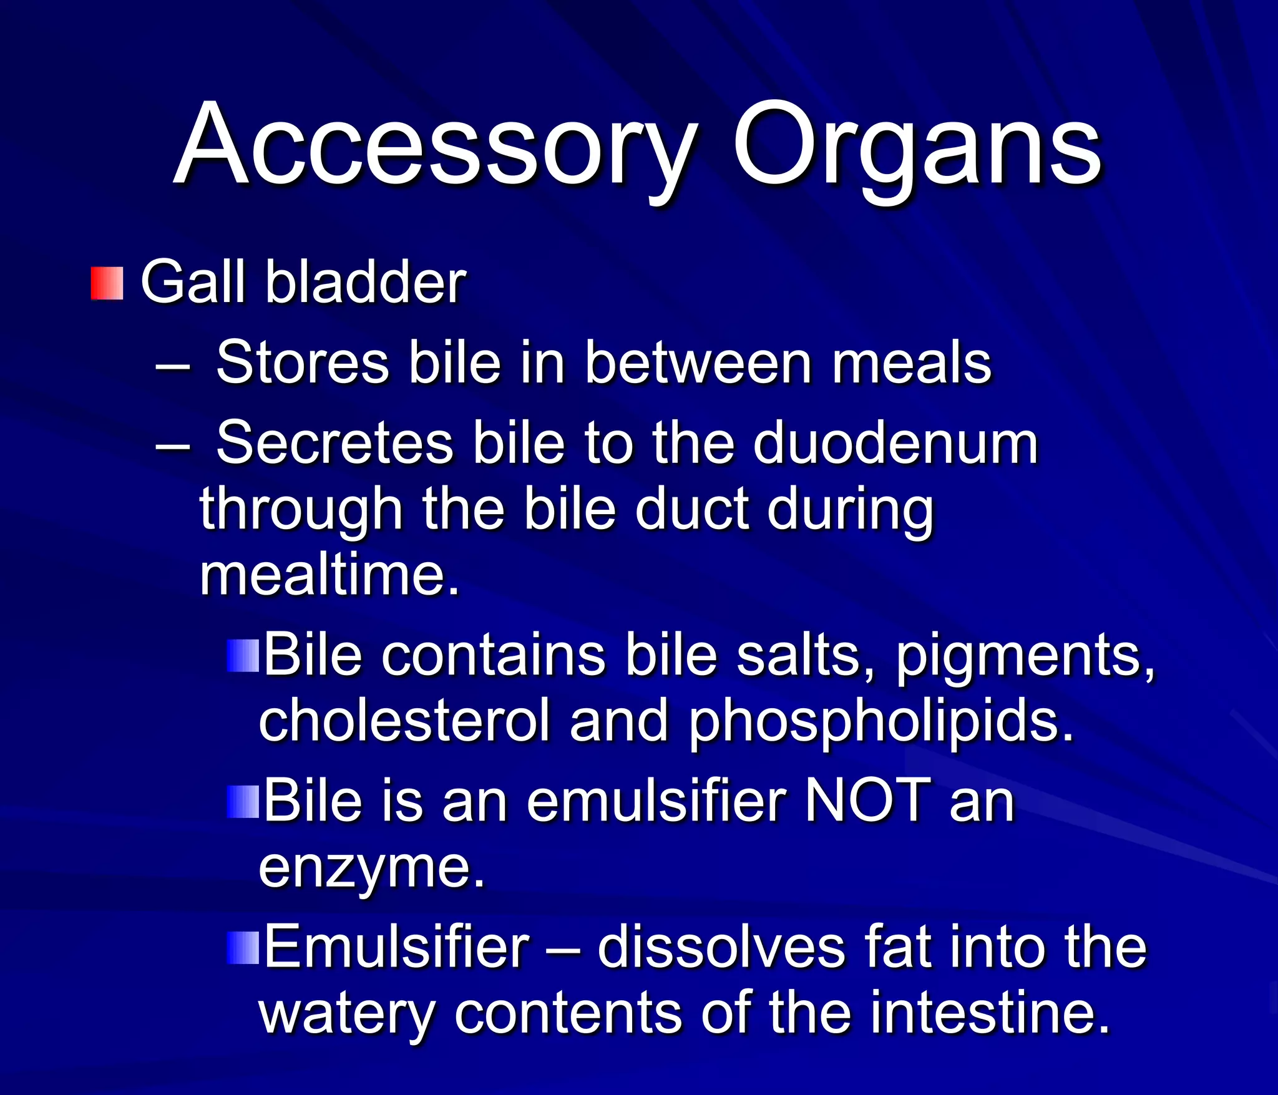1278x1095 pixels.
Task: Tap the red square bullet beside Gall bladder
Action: (x=107, y=283)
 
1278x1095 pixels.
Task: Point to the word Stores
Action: (x=302, y=363)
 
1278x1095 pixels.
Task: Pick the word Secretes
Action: (x=334, y=442)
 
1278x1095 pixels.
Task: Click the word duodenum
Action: (x=895, y=442)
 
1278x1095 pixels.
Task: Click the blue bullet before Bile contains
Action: (x=243, y=656)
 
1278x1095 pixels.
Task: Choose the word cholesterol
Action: (x=404, y=721)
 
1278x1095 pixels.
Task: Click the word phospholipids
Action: (x=881, y=724)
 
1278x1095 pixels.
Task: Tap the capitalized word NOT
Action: (x=867, y=801)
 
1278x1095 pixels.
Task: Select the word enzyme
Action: (x=372, y=869)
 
